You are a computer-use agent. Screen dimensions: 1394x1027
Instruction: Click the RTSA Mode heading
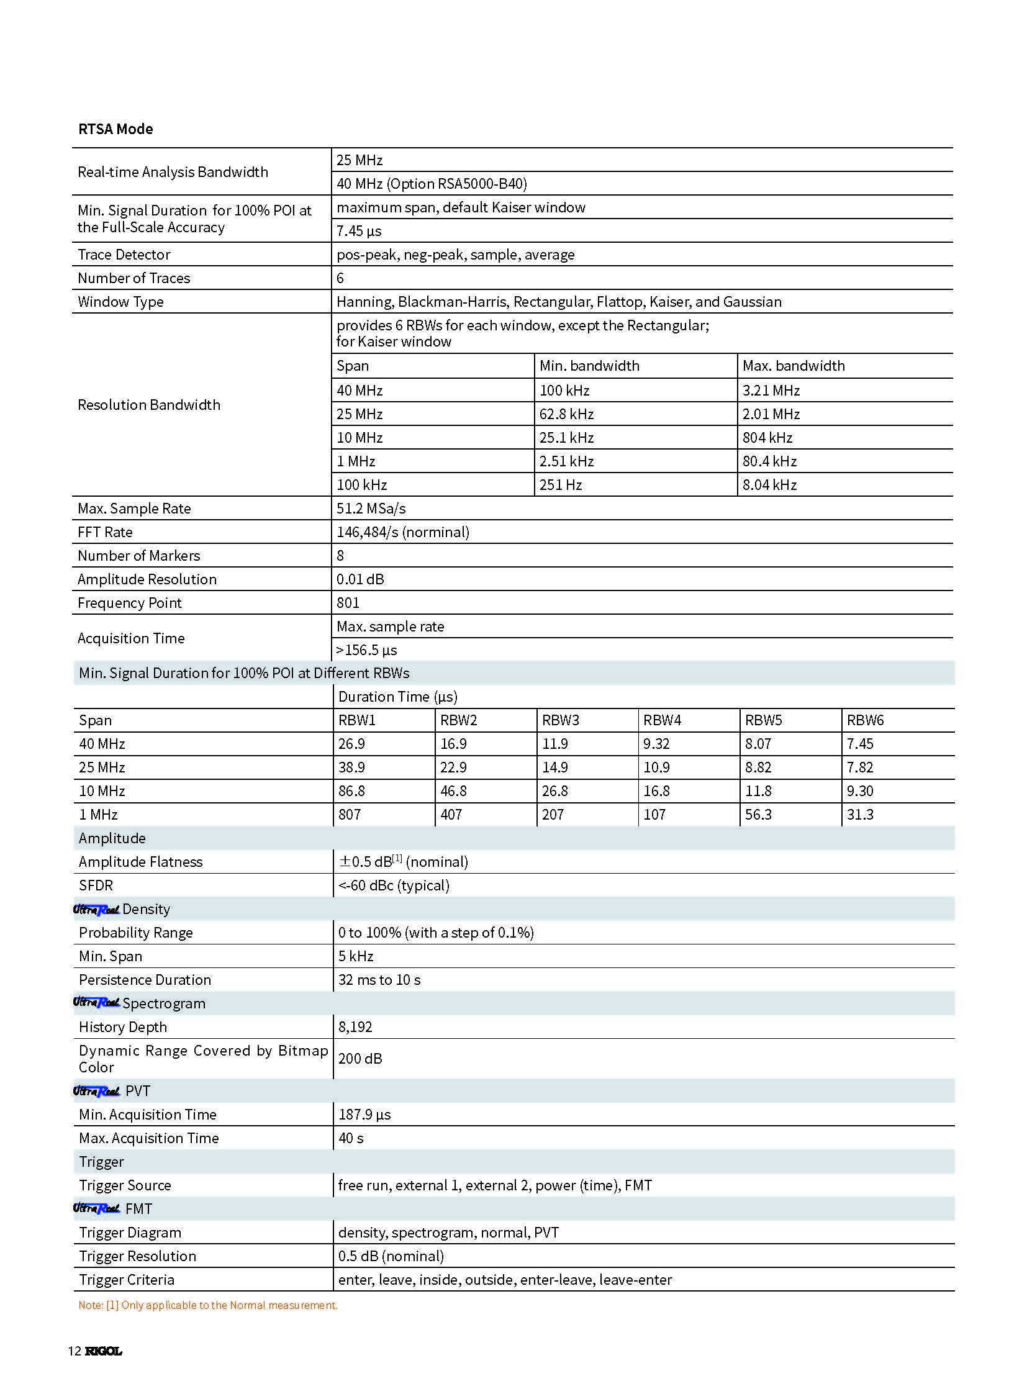point(115,129)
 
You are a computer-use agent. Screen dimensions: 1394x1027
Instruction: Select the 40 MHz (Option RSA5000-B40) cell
point(432,184)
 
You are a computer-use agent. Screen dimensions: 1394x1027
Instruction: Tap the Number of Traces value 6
point(340,279)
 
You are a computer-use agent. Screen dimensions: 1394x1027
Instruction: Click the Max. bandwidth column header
point(794,366)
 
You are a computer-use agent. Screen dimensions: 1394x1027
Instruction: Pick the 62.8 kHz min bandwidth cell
point(566,414)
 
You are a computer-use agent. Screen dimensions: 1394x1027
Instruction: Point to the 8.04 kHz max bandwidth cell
point(769,485)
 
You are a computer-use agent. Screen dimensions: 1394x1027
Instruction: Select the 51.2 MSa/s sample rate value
point(371,509)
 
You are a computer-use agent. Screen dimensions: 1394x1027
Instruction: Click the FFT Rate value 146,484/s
point(402,532)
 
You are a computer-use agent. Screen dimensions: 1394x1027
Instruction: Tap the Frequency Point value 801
point(348,603)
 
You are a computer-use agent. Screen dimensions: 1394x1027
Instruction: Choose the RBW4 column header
point(662,721)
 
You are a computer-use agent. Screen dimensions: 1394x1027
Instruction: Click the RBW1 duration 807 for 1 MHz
point(350,815)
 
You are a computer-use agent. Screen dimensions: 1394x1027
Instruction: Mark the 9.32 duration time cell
point(656,745)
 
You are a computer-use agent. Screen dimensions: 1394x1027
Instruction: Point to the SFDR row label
point(96,885)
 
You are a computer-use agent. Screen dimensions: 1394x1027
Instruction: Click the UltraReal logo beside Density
point(96,910)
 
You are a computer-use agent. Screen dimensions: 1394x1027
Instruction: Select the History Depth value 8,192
point(355,1027)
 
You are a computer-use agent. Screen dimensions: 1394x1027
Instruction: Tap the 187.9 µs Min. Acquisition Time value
point(364,1115)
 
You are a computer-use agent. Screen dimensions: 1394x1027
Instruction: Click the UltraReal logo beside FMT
point(96,1209)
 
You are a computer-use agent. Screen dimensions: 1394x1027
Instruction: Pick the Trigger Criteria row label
point(126,1280)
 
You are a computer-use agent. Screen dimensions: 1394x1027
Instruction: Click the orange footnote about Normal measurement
point(207,1306)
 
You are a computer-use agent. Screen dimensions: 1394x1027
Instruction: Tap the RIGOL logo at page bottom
point(103,1351)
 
